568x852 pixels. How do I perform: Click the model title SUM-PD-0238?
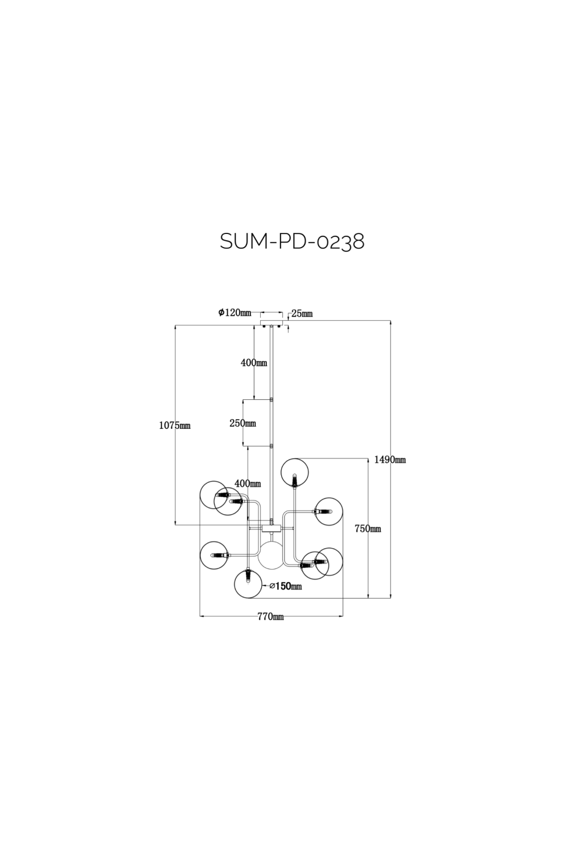click(292, 241)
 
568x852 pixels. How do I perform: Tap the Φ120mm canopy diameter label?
click(234, 312)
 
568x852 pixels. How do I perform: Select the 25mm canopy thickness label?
click(302, 314)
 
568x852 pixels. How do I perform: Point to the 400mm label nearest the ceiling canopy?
click(253, 363)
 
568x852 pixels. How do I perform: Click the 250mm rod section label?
click(243, 423)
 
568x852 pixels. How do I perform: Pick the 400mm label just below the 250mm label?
click(247, 483)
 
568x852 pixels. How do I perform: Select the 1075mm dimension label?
click(174, 425)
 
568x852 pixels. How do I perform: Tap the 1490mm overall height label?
click(390, 460)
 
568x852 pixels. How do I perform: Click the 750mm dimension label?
click(367, 529)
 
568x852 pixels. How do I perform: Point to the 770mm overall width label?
click(270, 617)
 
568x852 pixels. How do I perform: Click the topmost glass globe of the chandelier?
click(294, 472)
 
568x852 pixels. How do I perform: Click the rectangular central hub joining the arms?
click(272, 528)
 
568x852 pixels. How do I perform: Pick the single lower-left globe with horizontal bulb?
click(214, 555)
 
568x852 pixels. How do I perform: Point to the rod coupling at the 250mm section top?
click(272, 399)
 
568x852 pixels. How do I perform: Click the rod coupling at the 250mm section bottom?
click(272, 446)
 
